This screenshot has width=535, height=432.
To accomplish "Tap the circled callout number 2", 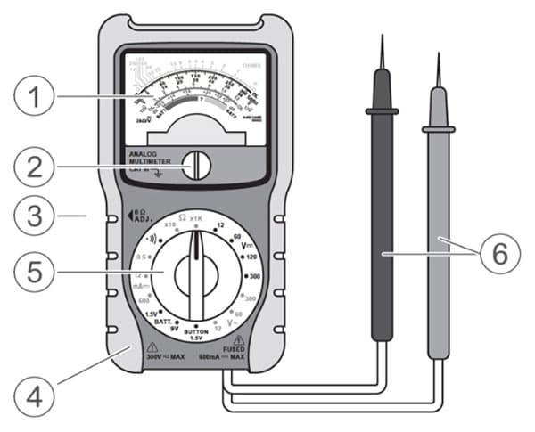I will click(x=36, y=165).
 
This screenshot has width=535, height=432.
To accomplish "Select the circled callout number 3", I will click(x=36, y=215).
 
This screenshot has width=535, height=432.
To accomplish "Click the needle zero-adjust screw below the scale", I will click(x=195, y=165).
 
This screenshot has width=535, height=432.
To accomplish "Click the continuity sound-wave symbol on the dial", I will click(x=154, y=239).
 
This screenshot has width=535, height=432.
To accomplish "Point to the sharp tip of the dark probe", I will click(x=382, y=37).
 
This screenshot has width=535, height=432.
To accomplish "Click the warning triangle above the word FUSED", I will click(x=239, y=340).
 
